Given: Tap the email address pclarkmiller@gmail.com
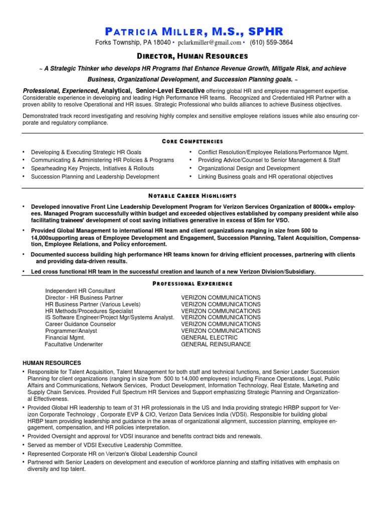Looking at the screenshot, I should click(x=209, y=43).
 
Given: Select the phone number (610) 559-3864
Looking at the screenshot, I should click(x=271, y=43).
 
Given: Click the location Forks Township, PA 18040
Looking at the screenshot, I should click(x=133, y=43).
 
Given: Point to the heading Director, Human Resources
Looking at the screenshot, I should click(x=192, y=56).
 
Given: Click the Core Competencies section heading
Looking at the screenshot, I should click(x=192, y=142).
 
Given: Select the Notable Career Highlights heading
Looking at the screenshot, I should click(x=192, y=195).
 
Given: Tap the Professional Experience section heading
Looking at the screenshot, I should click(x=192, y=284).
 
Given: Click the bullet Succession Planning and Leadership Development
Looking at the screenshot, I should click(x=95, y=177).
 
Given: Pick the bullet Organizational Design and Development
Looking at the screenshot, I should click(x=249, y=169).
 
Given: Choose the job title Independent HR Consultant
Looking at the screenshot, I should click(x=80, y=291).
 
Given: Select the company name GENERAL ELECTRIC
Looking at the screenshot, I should click(x=209, y=338).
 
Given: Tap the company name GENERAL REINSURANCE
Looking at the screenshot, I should click(x=216, y=344).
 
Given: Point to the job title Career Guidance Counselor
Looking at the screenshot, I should click(x=80, y=324).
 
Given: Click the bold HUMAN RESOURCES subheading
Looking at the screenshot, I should click(x=52, y=363).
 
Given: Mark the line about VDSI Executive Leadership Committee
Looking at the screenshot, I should click(x=105, y=445).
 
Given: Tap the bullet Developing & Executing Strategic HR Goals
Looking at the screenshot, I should click(x=86, y=152).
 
